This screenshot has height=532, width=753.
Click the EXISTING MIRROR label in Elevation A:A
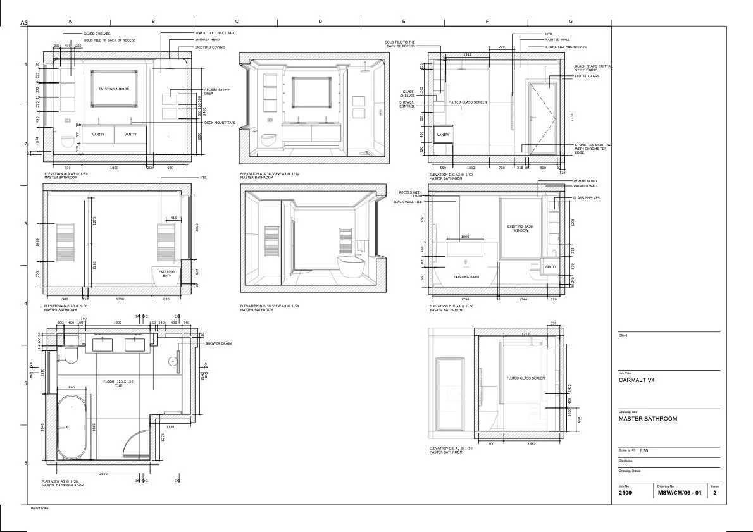click(x=114, y=89)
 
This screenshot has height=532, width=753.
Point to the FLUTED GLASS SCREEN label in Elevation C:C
click(x=468, y=102)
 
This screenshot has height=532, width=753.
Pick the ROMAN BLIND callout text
click(x=585, y=180)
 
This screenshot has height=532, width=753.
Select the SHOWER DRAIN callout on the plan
click(x=218, y=343)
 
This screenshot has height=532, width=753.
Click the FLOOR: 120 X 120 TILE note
click(x=118, y=383)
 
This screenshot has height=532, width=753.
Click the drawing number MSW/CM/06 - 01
click(x=679, y=492)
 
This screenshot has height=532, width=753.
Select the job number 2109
click(x=625, y=492)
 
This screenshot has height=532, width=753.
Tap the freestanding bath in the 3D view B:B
click(x=350, y=266)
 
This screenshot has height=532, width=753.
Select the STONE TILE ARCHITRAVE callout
click(x=567, y=47)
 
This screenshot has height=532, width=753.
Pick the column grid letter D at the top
click(x=320, y=22)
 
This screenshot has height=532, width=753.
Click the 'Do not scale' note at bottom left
click(x=39, y=508)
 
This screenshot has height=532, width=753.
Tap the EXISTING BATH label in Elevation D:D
click(x=466, y=277)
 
